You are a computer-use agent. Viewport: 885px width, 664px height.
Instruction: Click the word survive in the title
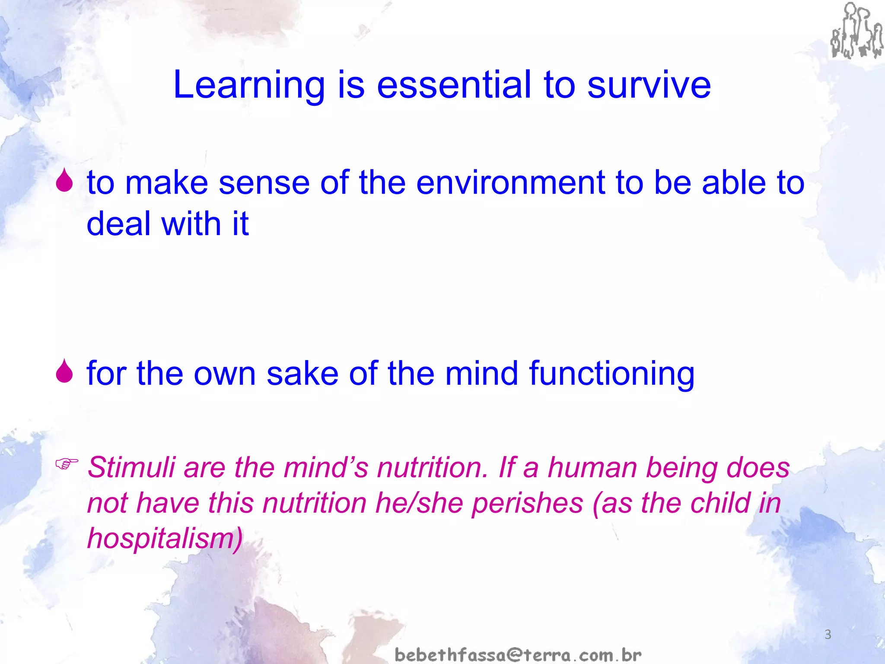(648, 85)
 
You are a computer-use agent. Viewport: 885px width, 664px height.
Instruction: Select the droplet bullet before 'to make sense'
(64, 180)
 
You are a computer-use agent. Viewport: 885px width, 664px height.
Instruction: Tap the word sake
(302, 373)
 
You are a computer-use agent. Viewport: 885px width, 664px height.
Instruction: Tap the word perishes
(527, 504)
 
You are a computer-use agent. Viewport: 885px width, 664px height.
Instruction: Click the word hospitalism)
(165, 539)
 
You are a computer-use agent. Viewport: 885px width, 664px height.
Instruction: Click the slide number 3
(828, 635)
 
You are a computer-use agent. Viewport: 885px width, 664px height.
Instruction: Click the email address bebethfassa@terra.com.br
(518, 655)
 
